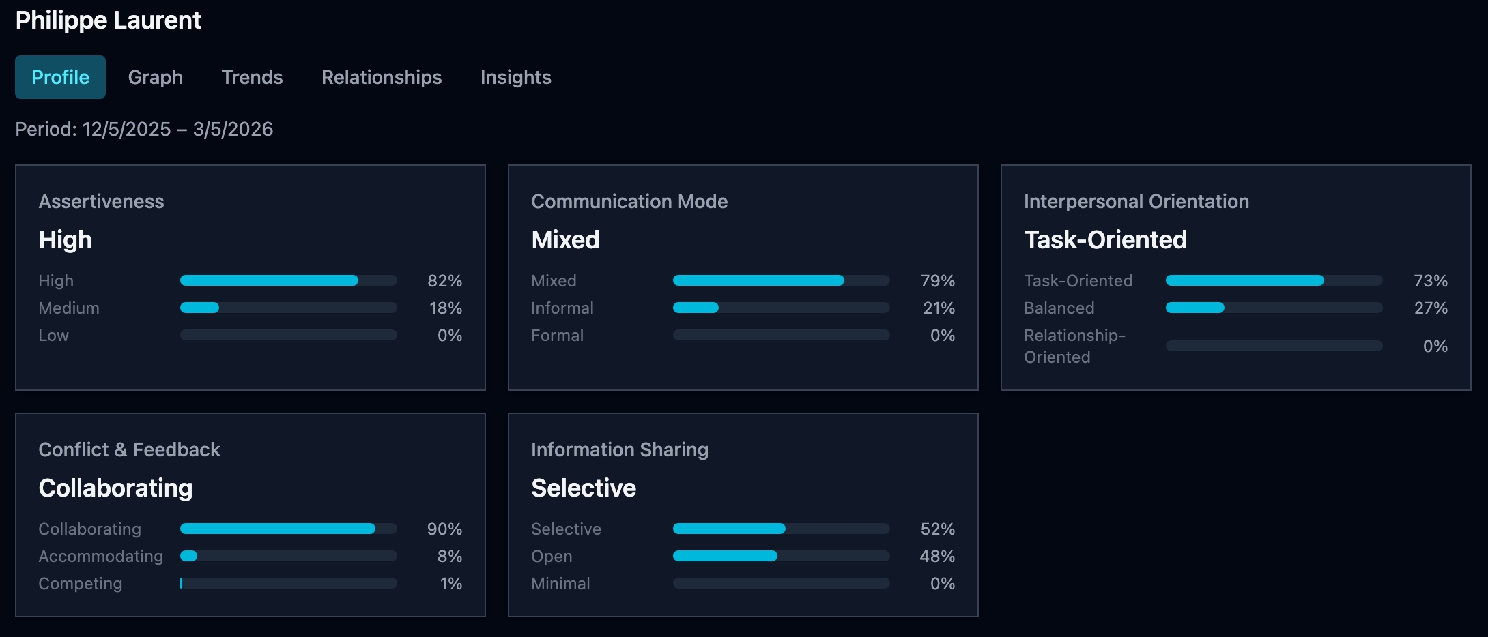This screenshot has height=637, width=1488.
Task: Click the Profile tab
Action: [60, 77]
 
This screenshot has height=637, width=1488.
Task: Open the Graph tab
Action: [155, 77]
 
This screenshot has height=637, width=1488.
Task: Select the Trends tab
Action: [252, 77]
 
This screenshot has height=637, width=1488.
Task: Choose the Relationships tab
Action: [382, 77]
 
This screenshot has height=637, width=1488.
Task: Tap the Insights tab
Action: [515, 77]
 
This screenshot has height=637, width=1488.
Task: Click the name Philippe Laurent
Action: [108, 20]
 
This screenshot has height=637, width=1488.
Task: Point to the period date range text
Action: [144, 129]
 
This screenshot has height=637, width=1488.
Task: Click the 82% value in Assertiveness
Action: [444, 280]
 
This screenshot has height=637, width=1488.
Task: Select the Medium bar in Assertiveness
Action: [288, 308]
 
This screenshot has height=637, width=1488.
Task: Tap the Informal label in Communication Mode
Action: [562, 308]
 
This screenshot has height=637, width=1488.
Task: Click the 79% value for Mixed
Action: [937, 280]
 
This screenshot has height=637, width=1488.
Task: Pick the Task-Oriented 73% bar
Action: [1273, 280]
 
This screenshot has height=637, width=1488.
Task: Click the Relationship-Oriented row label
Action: [1074, 346]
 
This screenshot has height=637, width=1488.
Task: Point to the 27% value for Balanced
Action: [1430, 308]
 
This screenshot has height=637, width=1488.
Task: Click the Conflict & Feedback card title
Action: [129, 449]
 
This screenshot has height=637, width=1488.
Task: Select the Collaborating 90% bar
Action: [288, 529]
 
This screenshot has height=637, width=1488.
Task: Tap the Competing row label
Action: [80, 583]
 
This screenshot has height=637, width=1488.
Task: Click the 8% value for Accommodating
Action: [449, 556]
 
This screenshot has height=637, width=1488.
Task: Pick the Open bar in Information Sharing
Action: [781, 556]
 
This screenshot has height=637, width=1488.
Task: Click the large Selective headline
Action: [583, 488]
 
